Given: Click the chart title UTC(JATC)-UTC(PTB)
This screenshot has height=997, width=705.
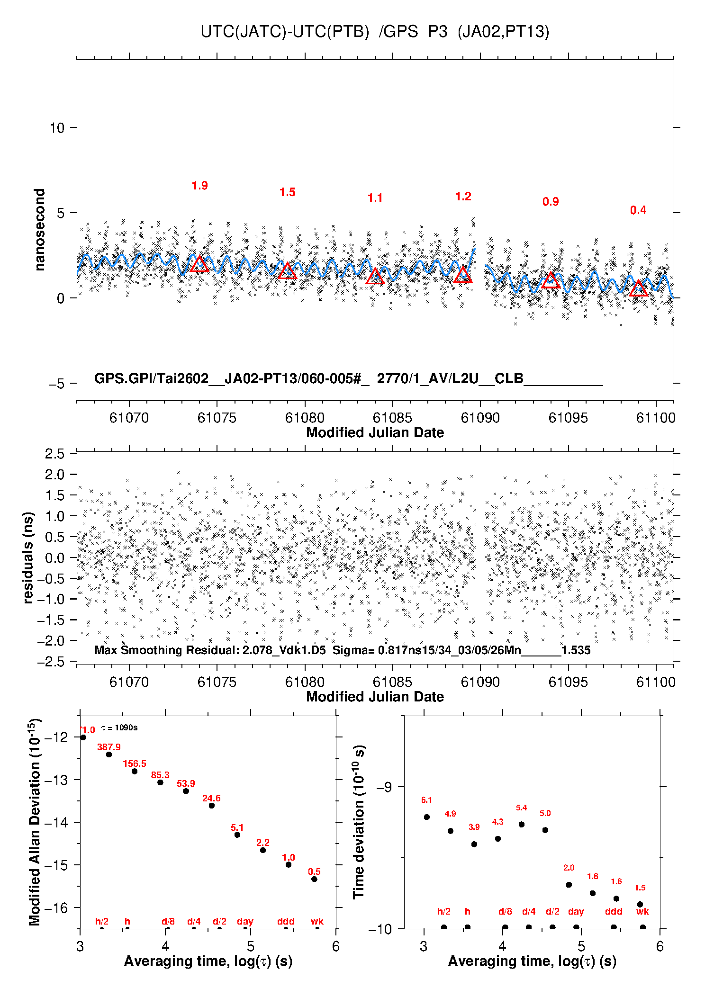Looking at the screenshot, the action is [285, 32].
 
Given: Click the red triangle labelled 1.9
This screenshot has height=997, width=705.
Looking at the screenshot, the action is [199, 263].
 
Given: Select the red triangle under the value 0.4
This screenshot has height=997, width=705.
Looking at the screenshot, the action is [639, 288].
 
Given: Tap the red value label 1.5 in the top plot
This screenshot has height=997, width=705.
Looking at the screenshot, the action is [287, 192].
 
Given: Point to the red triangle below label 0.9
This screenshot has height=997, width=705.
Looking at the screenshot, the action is [551, 279].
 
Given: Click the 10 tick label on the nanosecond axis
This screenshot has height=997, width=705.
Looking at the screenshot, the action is [57, 127].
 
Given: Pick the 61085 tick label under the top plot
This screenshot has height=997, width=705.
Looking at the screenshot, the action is [392, 418].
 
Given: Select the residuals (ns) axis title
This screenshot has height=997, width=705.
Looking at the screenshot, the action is [28, 557].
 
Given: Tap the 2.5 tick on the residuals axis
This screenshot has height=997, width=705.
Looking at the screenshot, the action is [54, 454].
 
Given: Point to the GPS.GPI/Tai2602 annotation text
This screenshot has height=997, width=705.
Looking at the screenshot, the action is [152, 378].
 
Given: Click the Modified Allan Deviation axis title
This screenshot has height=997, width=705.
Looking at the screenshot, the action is [35, 822].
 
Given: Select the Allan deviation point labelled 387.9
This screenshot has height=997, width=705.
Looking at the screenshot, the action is [109, 754].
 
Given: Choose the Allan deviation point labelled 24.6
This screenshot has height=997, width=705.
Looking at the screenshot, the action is [212, 806].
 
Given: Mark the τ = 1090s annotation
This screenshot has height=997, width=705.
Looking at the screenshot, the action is [119, 728].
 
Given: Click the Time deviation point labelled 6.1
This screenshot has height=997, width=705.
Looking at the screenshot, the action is [427, 817].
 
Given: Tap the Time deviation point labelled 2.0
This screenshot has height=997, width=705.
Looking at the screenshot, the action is [569, 885].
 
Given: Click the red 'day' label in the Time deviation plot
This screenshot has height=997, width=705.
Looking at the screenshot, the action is [576, 911].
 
